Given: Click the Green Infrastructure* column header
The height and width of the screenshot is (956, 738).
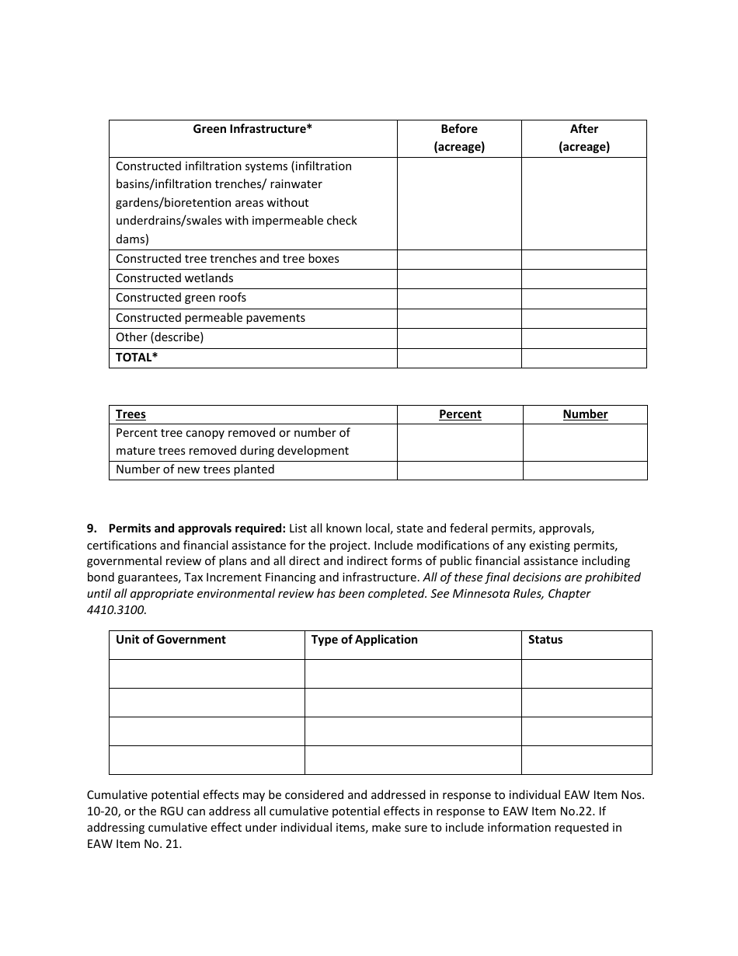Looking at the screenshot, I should [252, 129].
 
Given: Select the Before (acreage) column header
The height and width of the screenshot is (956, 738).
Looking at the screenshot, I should [459, 138].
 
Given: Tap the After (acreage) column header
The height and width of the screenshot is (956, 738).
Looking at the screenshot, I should [584, 138].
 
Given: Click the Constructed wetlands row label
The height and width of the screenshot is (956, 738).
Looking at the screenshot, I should [175, 278].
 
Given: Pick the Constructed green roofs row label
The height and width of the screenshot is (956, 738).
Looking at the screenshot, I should [181, 298].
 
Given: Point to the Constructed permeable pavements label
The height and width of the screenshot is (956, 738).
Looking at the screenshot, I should [211, 318].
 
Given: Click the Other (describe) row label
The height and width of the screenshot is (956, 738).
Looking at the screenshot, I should [159, 337].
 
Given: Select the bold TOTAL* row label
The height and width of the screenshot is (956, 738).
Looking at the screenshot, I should [137, 358].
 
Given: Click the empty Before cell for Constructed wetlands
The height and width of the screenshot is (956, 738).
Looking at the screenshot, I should [459, 279].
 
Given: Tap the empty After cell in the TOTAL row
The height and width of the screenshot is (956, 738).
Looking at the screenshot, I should [584, 358].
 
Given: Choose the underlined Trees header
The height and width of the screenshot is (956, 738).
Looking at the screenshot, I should [131, 414].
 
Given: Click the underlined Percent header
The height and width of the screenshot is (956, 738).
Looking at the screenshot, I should [460, 414].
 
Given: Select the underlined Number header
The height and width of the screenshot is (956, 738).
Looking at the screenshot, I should [585, 414].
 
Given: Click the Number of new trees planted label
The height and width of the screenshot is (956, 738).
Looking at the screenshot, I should [195, 469].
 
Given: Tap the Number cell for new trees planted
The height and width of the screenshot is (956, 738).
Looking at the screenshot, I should [585, 470].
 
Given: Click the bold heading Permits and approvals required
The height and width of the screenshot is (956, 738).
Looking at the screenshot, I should [197, 529].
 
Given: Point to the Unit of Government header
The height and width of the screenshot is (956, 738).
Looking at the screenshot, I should [171, 640].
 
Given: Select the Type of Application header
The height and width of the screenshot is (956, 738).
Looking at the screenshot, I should [364, 640].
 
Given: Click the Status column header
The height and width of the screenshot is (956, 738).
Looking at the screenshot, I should [545, 640].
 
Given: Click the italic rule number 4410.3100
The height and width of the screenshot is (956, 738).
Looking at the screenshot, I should [115, 609].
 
